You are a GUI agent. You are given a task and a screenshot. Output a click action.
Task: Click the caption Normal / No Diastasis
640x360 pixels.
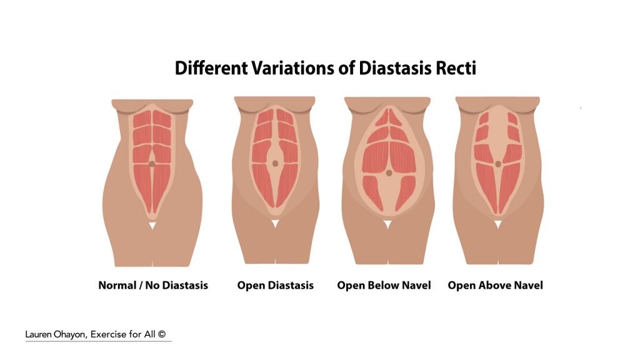153,285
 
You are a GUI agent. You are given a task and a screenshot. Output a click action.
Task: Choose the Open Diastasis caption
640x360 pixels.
276,285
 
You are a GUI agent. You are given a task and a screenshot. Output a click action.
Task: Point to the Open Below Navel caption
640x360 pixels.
384,285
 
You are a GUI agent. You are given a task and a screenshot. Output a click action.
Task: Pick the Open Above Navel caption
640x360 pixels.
496,285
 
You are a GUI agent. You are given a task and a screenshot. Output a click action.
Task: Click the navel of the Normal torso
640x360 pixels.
152,164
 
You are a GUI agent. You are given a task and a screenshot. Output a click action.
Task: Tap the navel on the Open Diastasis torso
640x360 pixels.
276,164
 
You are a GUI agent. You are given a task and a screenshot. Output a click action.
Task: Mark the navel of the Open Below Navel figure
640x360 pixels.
389,173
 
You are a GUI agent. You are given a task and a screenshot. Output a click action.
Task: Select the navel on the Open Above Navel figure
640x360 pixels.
498,164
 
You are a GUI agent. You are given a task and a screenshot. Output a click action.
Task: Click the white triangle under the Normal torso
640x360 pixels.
152,225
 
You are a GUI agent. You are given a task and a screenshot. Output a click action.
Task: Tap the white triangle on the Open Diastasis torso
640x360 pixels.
276,224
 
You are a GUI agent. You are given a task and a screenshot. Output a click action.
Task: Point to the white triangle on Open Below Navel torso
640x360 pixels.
387,224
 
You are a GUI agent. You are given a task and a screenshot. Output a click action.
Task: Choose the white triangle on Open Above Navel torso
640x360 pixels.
498,224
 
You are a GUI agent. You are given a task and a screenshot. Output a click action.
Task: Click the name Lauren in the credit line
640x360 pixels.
38,334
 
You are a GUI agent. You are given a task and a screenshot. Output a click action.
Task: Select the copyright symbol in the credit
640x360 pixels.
162,334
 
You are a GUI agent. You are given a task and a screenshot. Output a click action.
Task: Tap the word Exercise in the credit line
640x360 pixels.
108,334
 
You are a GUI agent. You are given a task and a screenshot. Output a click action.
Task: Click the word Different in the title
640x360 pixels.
211,67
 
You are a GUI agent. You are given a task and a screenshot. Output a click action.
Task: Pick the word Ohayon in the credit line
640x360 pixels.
71,335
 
